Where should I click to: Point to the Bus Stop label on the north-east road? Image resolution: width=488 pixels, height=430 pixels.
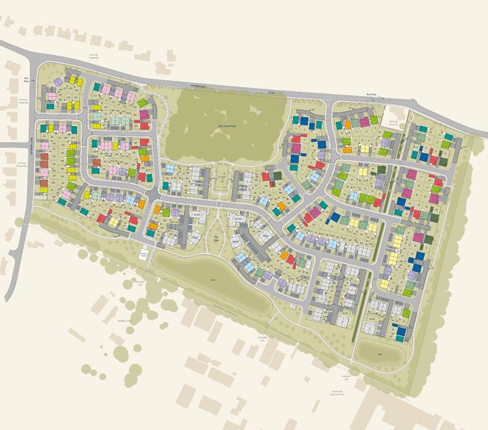(370, 95)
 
